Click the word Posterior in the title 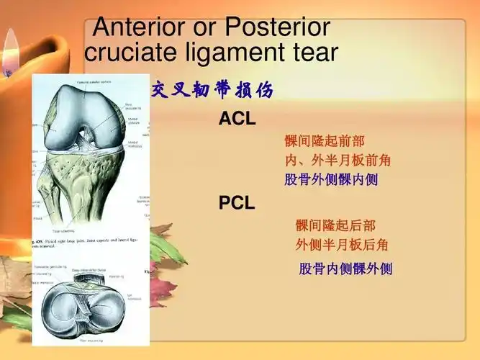(x=278, y=27)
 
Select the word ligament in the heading (x=237, y=52)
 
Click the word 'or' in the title (x=204, y=27)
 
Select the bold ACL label (x=237, y=120)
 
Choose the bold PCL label (x=237, y=203)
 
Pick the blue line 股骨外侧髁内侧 (x=331, y=179)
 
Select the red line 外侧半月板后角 (x=342, y=244)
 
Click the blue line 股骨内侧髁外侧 (x=345, y=269)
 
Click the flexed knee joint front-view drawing (x=90, y=151)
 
